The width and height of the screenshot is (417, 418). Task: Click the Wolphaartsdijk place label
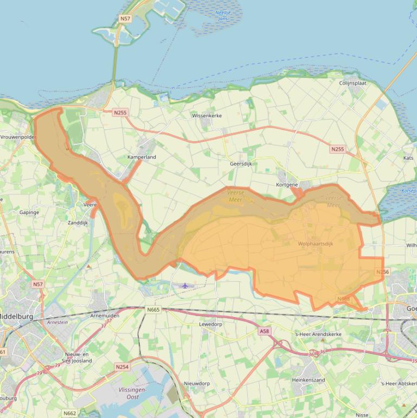315,244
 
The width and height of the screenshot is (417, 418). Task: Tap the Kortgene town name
287,185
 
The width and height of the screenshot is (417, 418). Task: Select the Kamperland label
142,157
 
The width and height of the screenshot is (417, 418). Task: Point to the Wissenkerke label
207,116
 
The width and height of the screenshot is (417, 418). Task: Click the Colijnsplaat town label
352,83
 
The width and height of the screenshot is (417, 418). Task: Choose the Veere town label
90,205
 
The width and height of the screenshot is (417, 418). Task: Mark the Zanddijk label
78,223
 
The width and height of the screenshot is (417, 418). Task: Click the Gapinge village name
29,212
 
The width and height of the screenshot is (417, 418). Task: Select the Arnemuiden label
105,315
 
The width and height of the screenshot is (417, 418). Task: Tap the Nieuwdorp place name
196,383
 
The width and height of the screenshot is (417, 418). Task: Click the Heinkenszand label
308,380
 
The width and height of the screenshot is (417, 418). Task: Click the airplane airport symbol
185,286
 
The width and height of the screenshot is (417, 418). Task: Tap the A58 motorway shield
264,331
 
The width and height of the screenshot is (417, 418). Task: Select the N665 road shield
153,309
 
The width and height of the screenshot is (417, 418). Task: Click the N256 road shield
382,272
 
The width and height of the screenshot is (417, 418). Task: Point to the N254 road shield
122,367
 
